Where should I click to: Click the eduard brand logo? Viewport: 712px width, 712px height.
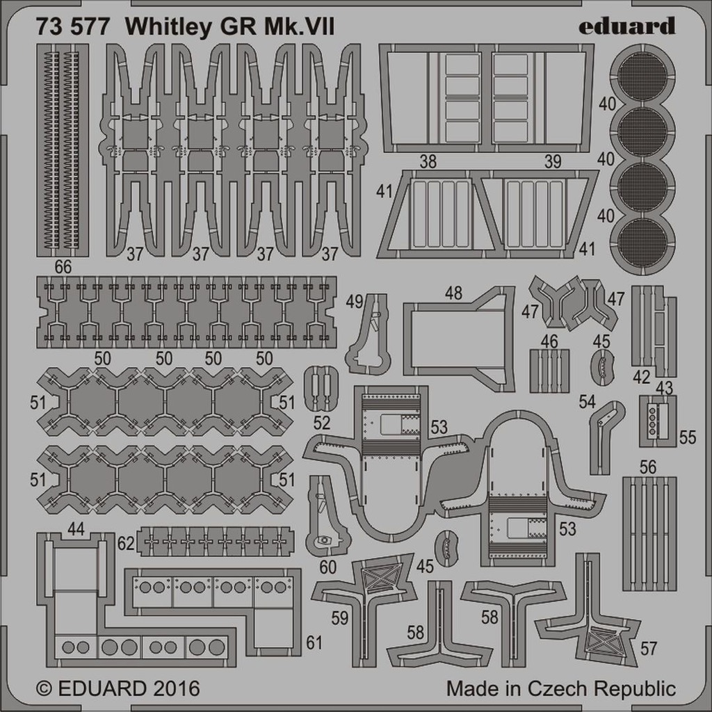pyautogui.click(x=626, y=26)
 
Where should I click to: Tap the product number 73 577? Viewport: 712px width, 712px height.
pyautogui.click(x=72, y=27)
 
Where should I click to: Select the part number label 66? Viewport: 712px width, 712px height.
pyautogui.click(x=63, y=267)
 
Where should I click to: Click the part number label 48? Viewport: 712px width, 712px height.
pyautogui.click(x=453, y=293)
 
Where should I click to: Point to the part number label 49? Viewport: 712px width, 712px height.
pyautogui.click(x=355, y=302)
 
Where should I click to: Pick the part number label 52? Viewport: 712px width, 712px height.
pyautogui.click(x=321, y=423)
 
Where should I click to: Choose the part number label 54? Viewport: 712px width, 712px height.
pyautogui.click(x=587, y=401)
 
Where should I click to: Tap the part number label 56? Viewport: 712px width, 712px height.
pyautogui.click(x=648, y=467)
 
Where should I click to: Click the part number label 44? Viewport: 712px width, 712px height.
pyautogui.click(x=75, y=528)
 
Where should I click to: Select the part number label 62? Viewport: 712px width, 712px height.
pyautogui.click(x=126, y=544)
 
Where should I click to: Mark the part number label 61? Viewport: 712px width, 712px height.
pyautogui.click(x=314, y=642)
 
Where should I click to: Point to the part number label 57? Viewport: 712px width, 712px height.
pyautogui.click(x=649, y=649)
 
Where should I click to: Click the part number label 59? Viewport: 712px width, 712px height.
pyautogui.click(x=339, y=618)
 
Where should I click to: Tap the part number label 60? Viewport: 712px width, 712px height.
pyautogui.click(x=327, y=567)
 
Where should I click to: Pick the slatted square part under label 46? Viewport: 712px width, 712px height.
pyautogui.click(x=549, y=371)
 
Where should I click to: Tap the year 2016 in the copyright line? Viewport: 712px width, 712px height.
pyautogui.click(x=176, y=689)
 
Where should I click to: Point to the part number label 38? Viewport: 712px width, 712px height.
pyautogui.click(x=428, y=161)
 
